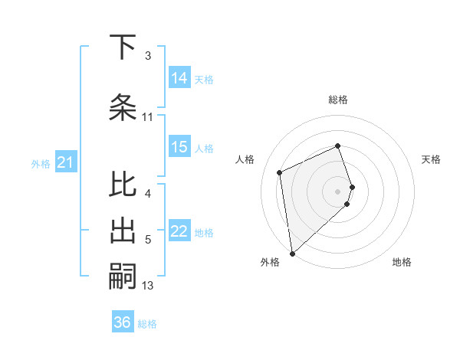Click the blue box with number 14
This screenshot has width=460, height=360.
point(179,78)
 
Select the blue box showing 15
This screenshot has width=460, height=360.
point(179,147)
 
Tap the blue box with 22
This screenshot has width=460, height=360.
point(179,232)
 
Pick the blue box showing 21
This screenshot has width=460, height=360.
point(65,162)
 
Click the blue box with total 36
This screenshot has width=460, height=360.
point(123,322)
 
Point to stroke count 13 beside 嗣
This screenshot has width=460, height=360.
point(148,286)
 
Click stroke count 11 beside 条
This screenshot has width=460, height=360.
point(148,117)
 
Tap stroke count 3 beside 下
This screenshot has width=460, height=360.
point(148,56)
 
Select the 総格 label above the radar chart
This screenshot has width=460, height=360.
point(338,100)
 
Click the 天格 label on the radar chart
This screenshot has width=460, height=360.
point(432,159)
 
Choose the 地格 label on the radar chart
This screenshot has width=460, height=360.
point(402,262)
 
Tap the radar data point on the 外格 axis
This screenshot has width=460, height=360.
point(291,253)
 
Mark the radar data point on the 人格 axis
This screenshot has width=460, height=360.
point(280,172)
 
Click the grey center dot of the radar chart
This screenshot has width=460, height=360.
point(338,191)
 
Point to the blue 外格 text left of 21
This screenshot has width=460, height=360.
point(41,163)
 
